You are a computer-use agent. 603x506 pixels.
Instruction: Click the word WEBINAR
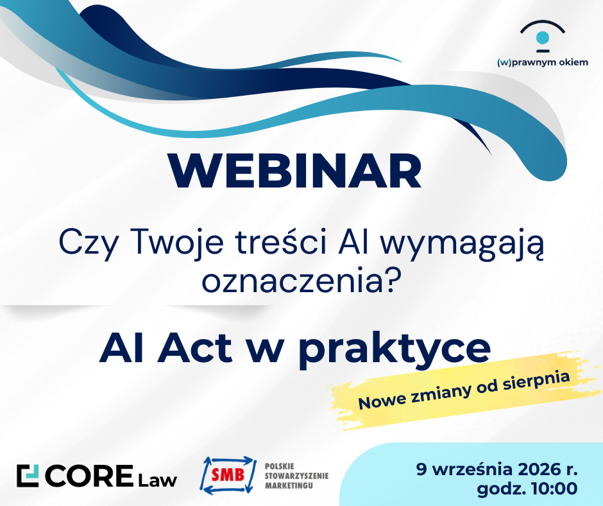(294, 171)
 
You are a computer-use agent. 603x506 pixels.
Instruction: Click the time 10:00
(554, 489)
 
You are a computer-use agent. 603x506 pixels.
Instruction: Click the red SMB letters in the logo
(228, 475)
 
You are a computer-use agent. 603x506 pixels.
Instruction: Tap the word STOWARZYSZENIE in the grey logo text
(296, 476)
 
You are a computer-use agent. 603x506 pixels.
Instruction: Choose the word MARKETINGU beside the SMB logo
(289, 485)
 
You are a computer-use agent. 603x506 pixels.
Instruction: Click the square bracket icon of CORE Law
(28, 476)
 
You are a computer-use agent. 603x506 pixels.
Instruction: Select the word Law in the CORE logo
(158, 480)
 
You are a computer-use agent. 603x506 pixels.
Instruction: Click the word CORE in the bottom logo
(89, 476)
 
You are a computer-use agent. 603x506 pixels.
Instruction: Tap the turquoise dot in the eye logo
(543, 38)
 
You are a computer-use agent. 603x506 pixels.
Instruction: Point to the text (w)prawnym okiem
(543, 62)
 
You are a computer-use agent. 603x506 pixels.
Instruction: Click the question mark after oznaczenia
(390, 280)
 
